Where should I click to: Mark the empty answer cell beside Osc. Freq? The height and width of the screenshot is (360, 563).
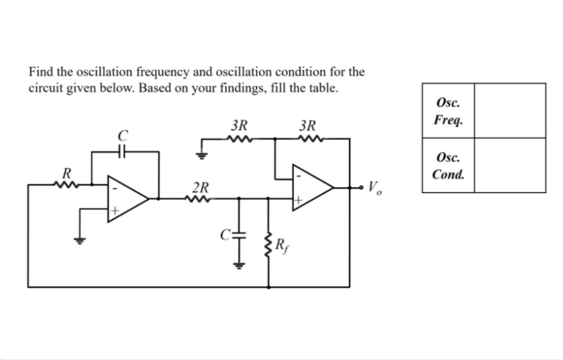tap(509, 111)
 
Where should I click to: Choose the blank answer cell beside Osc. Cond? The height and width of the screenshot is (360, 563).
tap(509, 166)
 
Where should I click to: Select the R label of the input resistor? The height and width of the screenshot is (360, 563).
tap(66, 173)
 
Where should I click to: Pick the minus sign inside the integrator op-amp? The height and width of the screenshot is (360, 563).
tap(114, 188)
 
